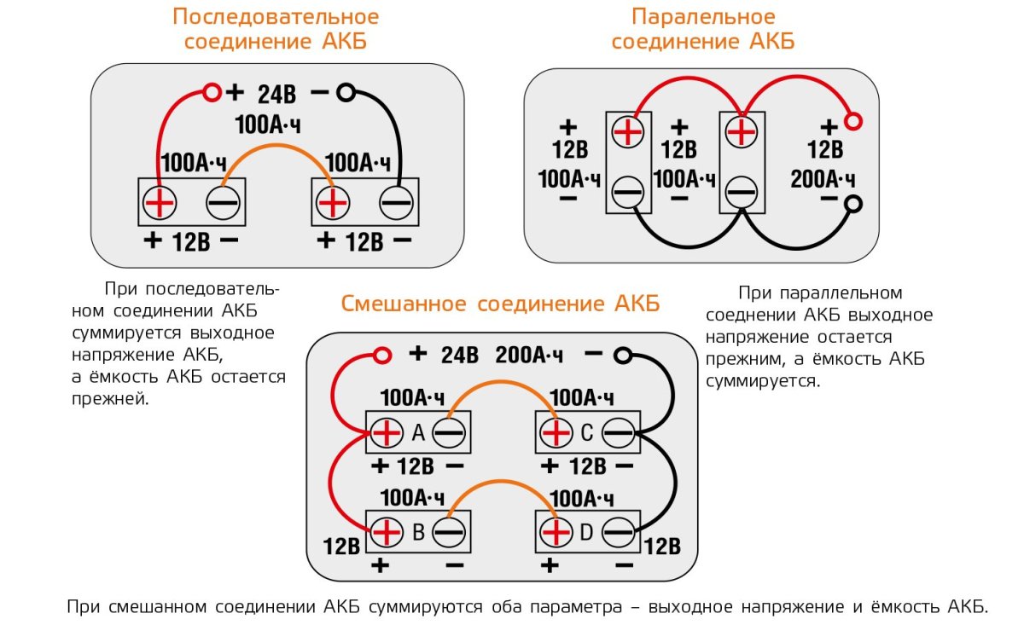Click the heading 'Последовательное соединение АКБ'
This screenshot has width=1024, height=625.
click(275, 29)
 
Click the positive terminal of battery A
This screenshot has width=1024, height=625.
click(387, 433)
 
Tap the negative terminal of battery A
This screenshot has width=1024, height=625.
click(449, 433)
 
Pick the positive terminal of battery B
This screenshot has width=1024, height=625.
click(387, 533)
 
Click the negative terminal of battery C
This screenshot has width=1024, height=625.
click(619, 433)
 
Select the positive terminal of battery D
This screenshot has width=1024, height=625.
click(556, 533)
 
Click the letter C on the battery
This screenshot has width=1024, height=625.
click(586, 433)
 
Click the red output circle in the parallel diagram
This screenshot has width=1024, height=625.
click(852, 121)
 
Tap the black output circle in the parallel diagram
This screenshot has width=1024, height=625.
click(852, 204)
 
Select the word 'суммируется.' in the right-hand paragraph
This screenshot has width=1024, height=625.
click(763, 380)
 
